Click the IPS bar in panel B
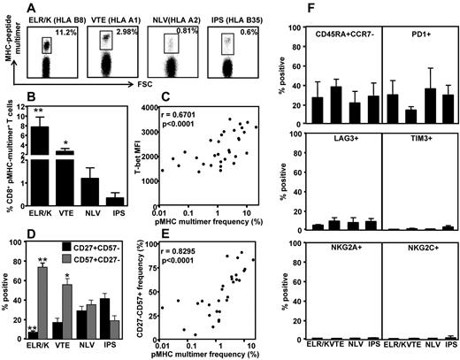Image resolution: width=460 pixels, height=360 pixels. tap(113, 200)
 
